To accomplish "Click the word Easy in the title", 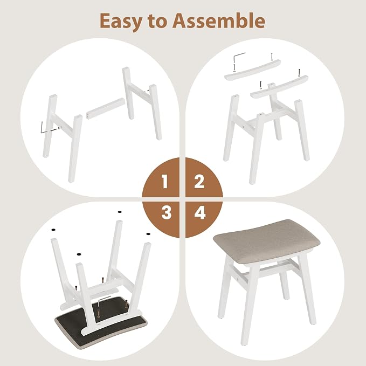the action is click(x=121, y=22).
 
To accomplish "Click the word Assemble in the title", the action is click(x=219, y=20).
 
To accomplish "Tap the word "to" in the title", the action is click(x=157, y=22).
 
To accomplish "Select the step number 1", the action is click(x=165, y=182).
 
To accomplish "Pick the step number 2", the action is click(x=199, y=182).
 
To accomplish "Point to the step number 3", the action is click(x=166, y=212).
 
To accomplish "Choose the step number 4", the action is click(x=200, y=212).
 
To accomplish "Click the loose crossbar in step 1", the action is click(x=106, y=108).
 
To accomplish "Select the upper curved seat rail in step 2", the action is click(x=253, y=70).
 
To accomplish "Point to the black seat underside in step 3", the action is click(x=100, y=322).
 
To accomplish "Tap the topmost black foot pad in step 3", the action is click(x=120, y=212).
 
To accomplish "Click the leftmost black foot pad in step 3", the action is click(x=53, y=230).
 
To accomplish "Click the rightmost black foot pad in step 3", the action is click(x=148, y=233).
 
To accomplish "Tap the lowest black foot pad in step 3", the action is click(x=79, y=254).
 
